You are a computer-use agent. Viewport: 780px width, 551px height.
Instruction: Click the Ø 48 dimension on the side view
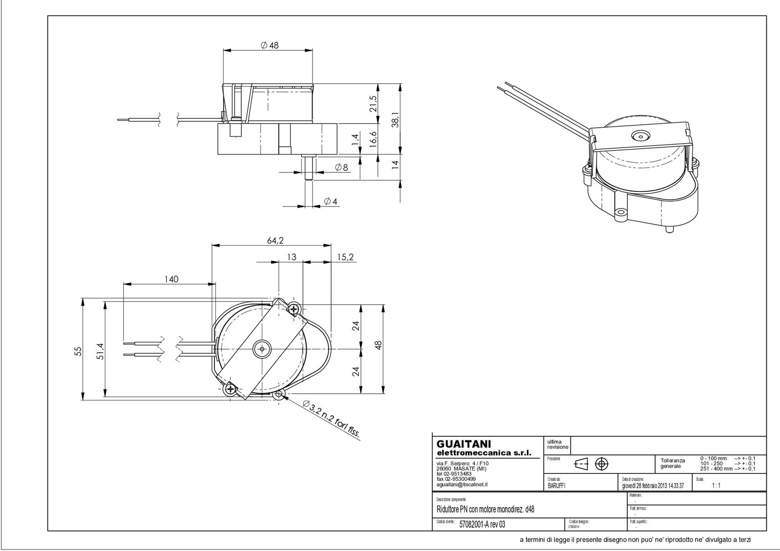[269, 45]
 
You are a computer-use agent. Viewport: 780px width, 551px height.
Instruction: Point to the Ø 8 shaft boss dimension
[341, 168]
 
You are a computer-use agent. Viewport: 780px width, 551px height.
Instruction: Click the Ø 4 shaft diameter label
[330, 201]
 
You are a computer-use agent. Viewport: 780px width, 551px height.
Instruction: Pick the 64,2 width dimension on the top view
[274, 240]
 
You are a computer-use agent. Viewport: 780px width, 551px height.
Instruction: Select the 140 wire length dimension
[171, 279]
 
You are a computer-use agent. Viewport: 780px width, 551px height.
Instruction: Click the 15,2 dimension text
[345, 257]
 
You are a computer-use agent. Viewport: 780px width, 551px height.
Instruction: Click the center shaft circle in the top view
[262, 349]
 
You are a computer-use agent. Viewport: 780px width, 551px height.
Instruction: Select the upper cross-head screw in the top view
[294, 308]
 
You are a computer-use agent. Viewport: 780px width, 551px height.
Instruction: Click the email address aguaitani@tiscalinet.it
[463, 485]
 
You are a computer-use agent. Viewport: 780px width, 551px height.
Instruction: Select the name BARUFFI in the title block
[556, 486]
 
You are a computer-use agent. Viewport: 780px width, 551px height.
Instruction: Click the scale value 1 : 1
[716, 486]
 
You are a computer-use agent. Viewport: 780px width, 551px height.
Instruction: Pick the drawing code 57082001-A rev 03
[483, 524]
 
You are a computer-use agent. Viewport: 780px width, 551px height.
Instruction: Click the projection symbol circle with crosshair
[602, 463]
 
